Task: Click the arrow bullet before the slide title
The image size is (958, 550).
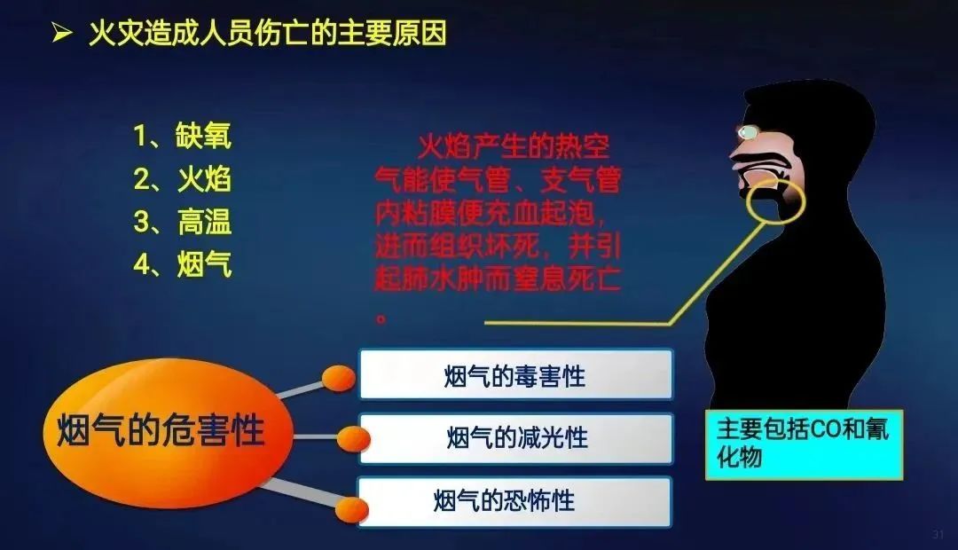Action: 62,33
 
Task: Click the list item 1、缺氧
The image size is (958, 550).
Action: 183,136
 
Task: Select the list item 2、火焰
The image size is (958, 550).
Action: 183,179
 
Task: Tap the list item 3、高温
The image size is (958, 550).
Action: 183,222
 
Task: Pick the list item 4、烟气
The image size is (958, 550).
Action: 183,264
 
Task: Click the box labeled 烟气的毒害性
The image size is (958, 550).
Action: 515,374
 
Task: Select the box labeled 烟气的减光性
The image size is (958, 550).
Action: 515,438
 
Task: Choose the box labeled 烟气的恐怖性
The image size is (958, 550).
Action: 514,502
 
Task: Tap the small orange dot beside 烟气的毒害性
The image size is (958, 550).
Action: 339,378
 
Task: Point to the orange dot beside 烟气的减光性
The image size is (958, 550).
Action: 353,439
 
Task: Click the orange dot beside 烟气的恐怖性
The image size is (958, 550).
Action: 352,510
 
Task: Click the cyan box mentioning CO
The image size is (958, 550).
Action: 804,444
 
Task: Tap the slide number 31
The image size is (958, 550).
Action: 938,534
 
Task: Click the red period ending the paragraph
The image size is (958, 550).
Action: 381,318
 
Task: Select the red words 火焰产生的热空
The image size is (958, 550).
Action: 514,146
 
